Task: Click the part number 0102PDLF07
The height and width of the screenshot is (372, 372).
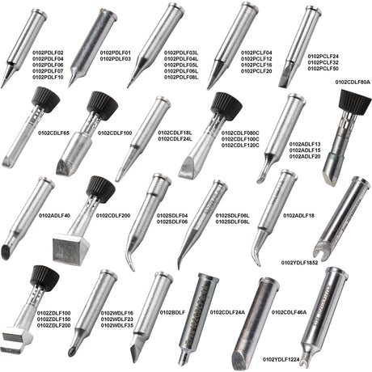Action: pyautogui.click(x=48, y=71)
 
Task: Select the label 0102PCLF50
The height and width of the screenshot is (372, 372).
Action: pyautogui.click(x=323, y=69)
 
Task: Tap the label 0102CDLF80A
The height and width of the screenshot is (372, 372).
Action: pyautogui.click(x=353, y=82)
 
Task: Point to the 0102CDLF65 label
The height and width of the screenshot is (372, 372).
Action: pyautogui.click(x=53, y=133)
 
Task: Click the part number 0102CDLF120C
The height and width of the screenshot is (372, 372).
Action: pyautogui.click(x=240, y=146)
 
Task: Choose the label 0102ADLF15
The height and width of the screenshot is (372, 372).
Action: pyautogui.click(x=305, y=150)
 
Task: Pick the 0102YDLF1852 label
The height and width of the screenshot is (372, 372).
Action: pyautogui.click(x=299, y=263)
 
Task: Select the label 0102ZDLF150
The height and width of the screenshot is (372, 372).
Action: pyautogui.click(x=54, y=319)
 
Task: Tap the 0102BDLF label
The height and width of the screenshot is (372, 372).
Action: pyautogui.click(x=172, y=312)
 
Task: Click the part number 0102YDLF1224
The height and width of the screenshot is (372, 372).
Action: pyautogui.click(x=281, y=360)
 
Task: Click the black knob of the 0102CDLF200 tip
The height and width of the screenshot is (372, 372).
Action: pyautogui.click(x=101, y=189)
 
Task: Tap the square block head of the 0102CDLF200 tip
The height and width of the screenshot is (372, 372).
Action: pyautogui.click(x=71, y=249)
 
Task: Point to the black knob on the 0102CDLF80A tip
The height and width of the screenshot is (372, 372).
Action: pyautogui.click(x=355, y=103)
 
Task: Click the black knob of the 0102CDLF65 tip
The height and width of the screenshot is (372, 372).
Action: pyautogui.click(x=46, y=99)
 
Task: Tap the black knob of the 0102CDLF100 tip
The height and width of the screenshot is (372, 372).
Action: pyautogui.click(x=103, y=106)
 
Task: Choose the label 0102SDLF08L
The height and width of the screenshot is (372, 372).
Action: pyautogui.click(x=232, y=222)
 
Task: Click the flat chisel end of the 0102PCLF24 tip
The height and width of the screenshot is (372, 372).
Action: pyautogui.click(x=285, y=78)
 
